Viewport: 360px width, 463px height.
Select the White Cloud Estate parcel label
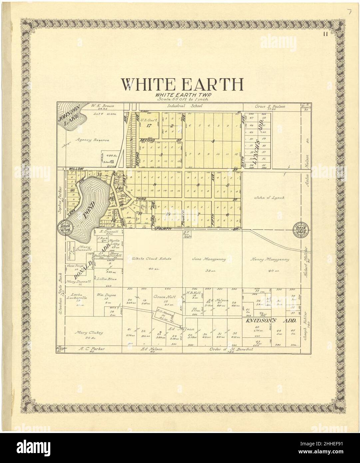(151, 259)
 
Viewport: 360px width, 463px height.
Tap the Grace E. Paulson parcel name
(270, 107)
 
